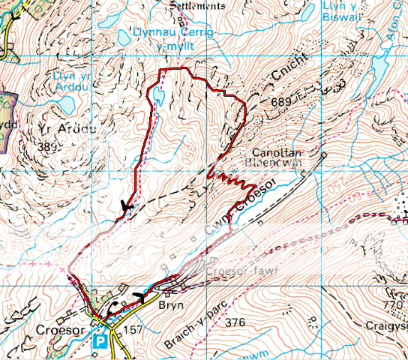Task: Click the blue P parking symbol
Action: click(x=99, y=340)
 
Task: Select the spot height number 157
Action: click(x=133, y=329)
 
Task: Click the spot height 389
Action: click(x=49, y=146)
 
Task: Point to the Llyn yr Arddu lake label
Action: click(x=71, y=81)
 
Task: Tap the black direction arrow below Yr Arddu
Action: click(x=126, y=205)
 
